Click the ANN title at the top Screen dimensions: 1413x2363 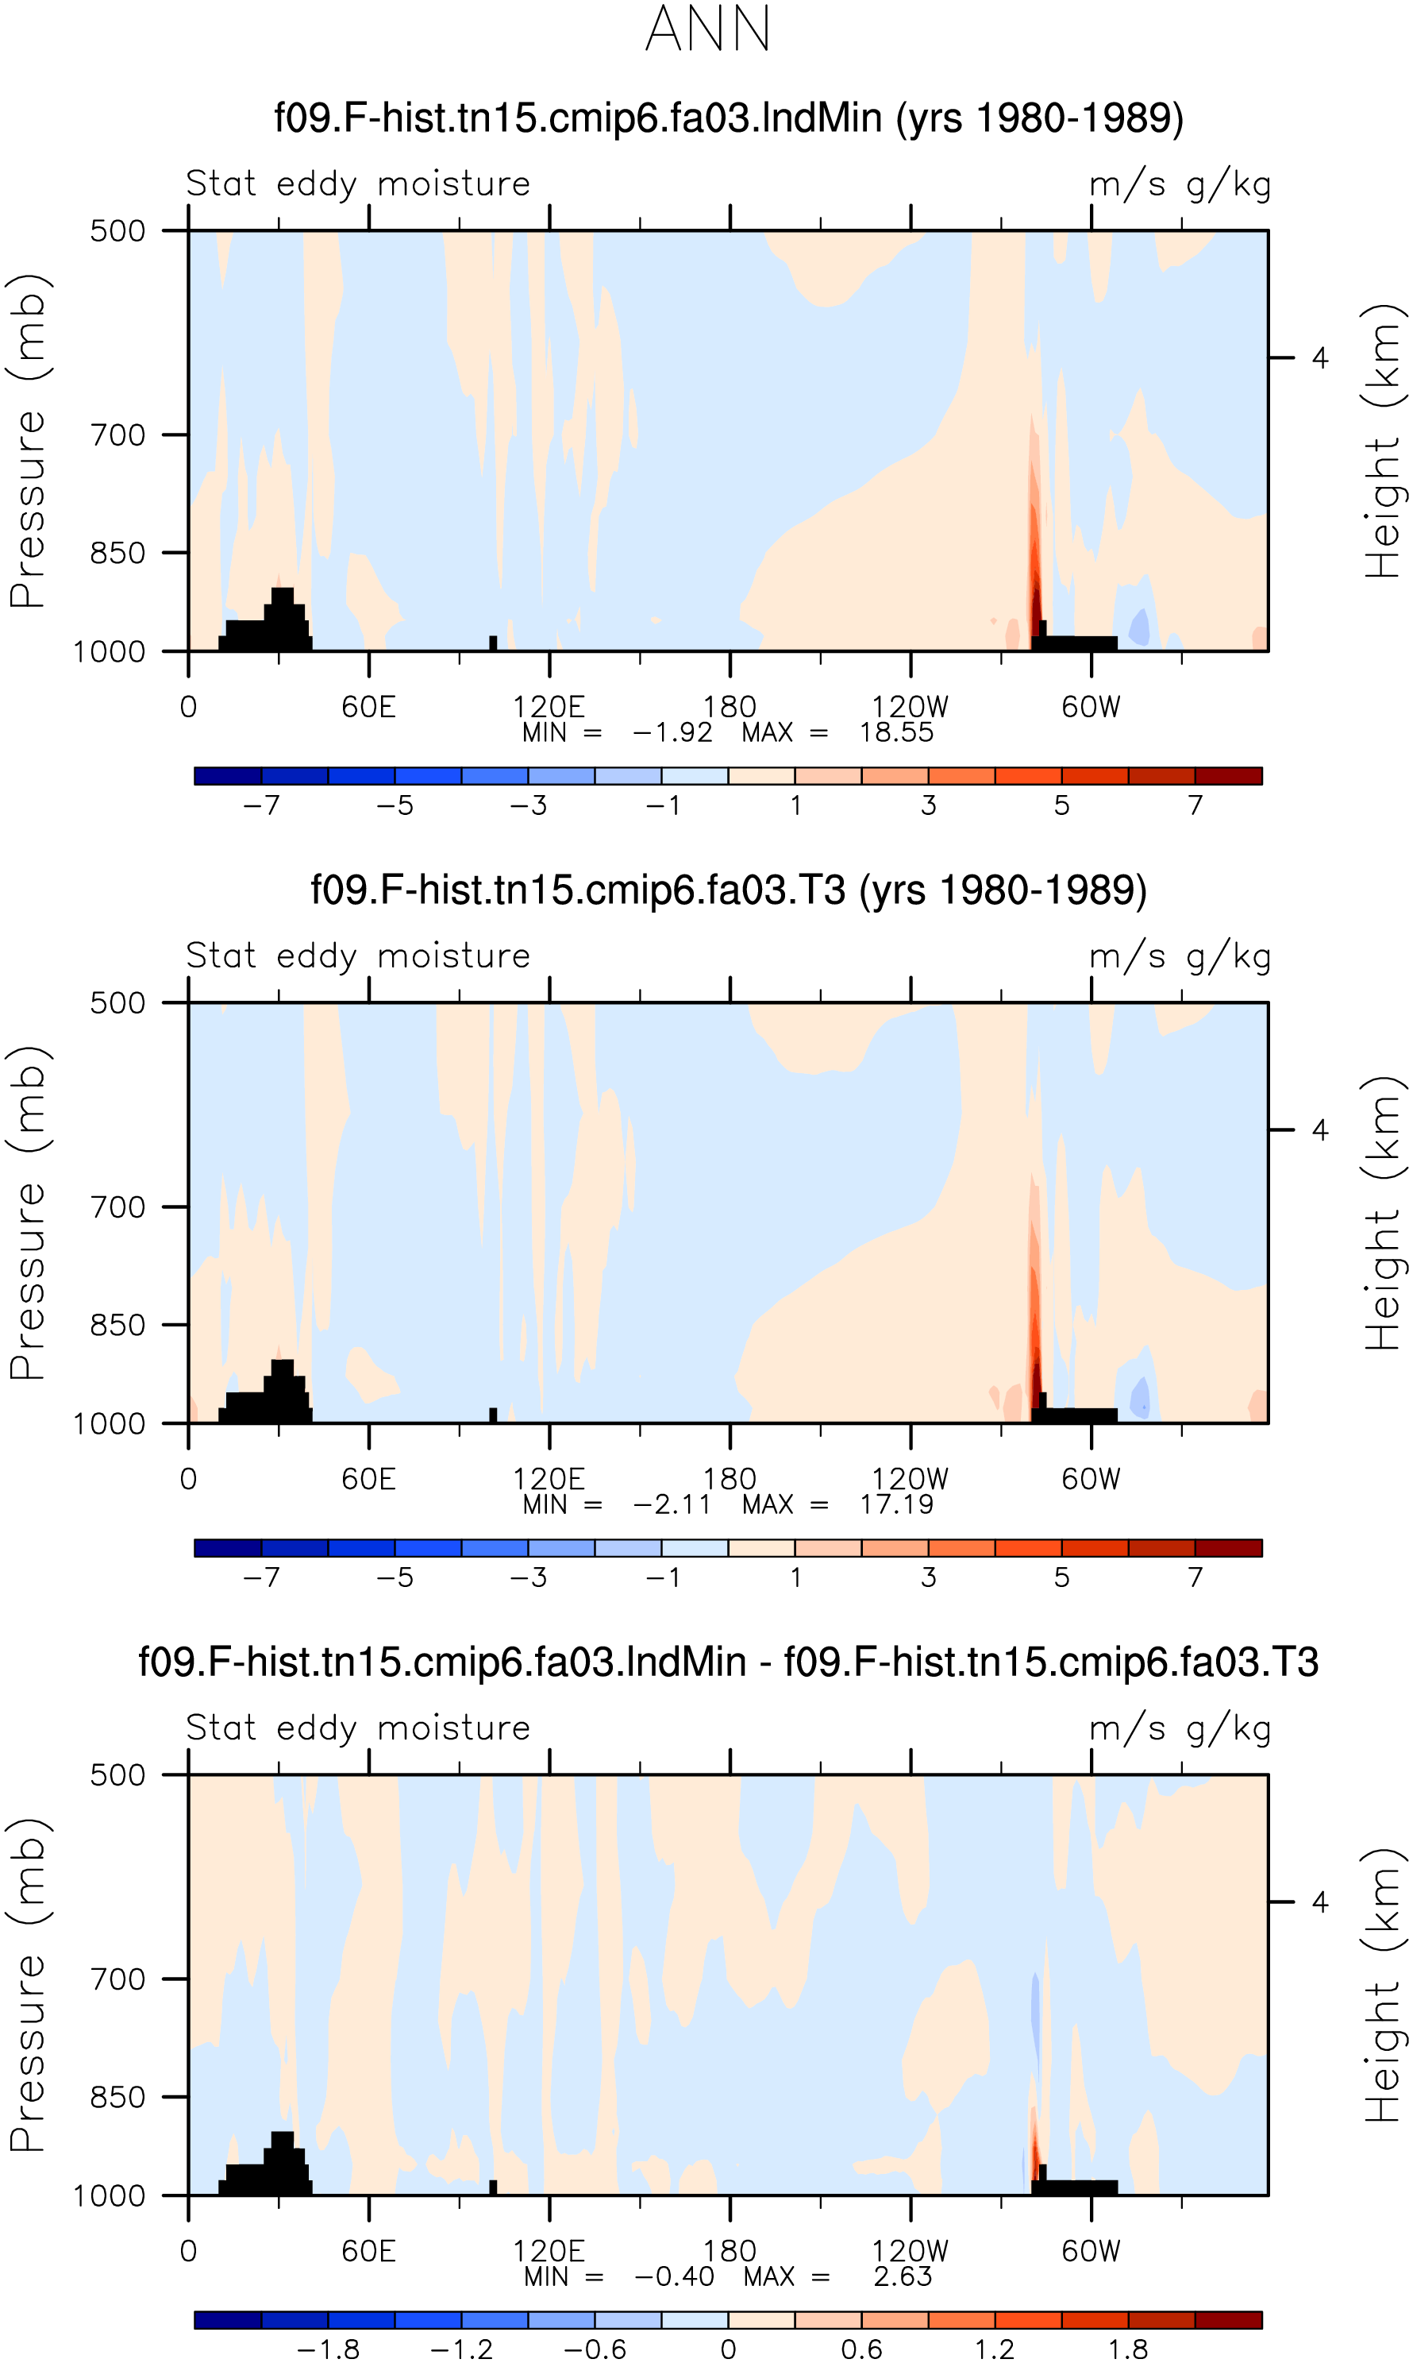[707, 29]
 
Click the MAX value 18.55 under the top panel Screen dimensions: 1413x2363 [896, 732]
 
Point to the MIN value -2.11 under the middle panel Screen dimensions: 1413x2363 [672, 1505]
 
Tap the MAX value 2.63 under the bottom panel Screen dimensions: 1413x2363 [903, 2276]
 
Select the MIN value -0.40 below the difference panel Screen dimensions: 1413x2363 [674, 2276]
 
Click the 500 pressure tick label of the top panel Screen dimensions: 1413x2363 [118, 230]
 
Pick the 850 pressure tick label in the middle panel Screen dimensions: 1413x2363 [118, 1325]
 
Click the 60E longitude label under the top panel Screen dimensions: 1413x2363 [368, 707]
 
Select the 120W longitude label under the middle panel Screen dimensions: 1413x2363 [911, 1479]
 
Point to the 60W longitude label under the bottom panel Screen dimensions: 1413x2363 [1092, 2251]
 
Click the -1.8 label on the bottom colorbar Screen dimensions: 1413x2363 [329, 2349]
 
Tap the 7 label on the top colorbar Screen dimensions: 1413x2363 [1195, 805]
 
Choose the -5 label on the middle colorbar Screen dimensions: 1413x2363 [395, 1577]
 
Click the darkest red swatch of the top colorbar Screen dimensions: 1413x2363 [1228, 775]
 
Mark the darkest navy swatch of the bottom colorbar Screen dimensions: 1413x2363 [228, 2319]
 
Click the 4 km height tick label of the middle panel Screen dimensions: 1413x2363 [1319, 1129]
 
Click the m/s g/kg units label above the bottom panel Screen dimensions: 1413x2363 [1180, 1728]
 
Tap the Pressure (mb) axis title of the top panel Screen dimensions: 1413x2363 [28, 440]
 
